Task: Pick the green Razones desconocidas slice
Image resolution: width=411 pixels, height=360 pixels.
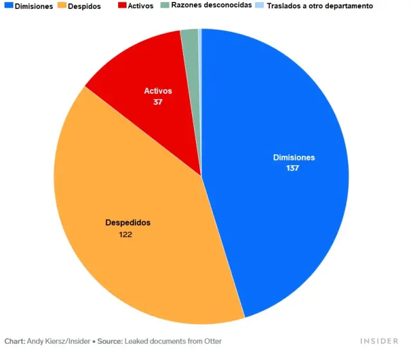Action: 190,45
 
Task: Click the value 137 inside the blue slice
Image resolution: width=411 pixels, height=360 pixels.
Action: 294,168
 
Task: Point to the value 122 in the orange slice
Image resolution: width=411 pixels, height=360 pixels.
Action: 126,235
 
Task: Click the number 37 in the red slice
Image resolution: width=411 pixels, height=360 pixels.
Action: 158,102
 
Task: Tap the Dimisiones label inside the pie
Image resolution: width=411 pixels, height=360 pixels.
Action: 294,157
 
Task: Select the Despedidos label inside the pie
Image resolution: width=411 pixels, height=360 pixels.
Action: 128,222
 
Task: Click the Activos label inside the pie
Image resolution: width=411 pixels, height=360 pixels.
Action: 158,91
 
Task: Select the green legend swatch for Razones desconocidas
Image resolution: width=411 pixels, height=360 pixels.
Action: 165,5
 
